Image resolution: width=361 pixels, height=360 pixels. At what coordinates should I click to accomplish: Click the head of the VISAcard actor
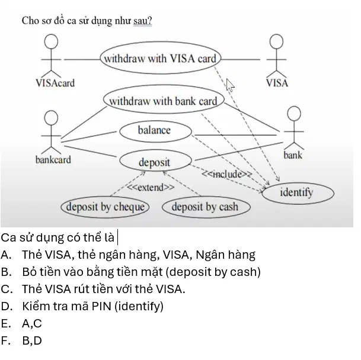point(51,41)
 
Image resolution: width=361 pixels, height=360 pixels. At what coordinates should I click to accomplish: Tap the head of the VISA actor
point(276,41)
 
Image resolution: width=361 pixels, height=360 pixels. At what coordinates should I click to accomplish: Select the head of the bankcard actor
point(51,118)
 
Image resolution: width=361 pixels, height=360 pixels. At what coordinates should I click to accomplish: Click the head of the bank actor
point(294,114)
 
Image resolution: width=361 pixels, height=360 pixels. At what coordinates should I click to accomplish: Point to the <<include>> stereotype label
point(227,174)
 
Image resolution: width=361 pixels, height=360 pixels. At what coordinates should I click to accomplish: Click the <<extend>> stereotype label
point(151,188)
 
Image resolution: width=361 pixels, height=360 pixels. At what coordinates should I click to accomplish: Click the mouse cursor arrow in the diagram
point(230,85)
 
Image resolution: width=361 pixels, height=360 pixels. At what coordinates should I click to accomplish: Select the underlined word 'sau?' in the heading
point(142,21)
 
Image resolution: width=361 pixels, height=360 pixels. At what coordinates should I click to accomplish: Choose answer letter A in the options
point(6,255)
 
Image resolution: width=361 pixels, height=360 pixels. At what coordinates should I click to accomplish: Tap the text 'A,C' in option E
point(32,324)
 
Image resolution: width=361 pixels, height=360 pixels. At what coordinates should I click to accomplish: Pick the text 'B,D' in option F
point(32,340)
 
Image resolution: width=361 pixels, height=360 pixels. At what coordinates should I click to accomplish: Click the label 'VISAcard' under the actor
point(55,83)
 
